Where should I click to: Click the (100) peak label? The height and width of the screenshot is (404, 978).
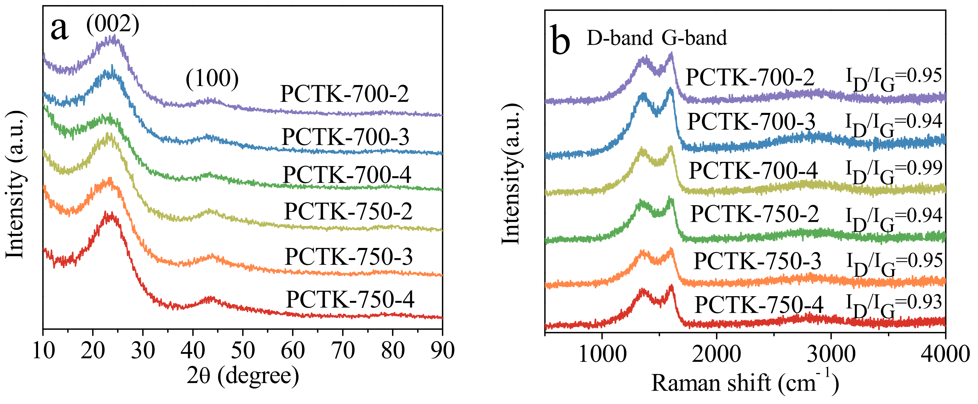pyautogui.click(x=212, y=79)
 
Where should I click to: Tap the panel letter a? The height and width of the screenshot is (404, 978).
pyautogui.click(x=60, y=29)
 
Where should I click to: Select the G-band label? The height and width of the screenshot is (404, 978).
pyautogui.click(x=694, y=38)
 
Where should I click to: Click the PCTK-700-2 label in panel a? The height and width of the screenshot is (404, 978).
pyautogui.click(x=344, y=94)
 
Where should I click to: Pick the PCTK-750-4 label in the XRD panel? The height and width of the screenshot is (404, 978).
pyautogui.click(x=350, y=300)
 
